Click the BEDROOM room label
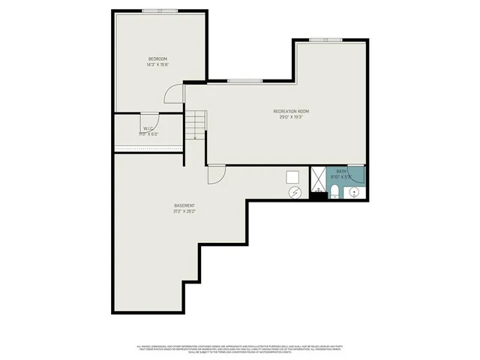pyautogui.click(x=157, y=58)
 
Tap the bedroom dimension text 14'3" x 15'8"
pyautogui.click(x=157, y=64)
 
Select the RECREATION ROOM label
pyautogui.click(x=291, y=112)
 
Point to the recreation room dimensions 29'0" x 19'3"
pyautogui.click(x=291, y=118)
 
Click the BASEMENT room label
pyautogui.click(x=184, y=205)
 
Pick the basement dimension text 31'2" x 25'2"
pyautogui.click(x=184, y=211)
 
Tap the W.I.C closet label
pyautogui.click(x=148, y=128)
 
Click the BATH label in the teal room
pyautogui.click(x=341, y=172)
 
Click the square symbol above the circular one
pyautogui.click(x=294, y=177)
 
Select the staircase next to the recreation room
pyautogui.click(x=196, y=123)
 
